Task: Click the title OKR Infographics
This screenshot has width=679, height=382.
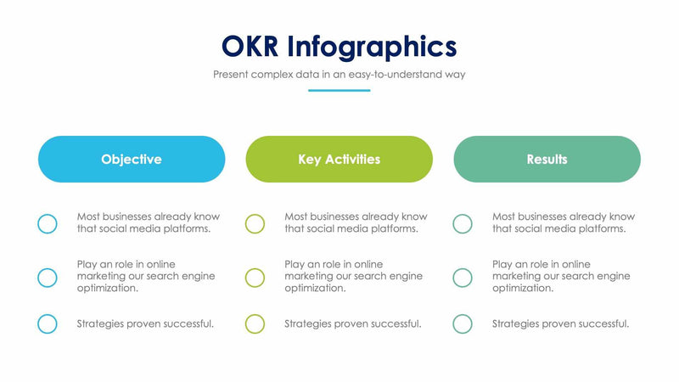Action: (x=339, y=45)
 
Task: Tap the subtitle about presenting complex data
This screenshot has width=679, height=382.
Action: (x=339, y=74)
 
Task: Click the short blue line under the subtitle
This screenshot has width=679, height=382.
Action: (x=339, y=90)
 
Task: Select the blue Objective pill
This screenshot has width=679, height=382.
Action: (x=132, y=159)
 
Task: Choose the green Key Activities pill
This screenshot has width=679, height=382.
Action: (x=339, y=159)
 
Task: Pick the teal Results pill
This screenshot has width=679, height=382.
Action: (x=547, y=159)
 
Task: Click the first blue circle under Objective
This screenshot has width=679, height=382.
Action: (x=48, y=223)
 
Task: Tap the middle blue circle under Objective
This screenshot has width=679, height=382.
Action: (x=48, y=277)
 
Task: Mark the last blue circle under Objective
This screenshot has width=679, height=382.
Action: (x=48, y=323)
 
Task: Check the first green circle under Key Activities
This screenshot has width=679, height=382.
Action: (x=255, y=223)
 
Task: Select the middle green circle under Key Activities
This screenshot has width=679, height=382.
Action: (x=255, y=277)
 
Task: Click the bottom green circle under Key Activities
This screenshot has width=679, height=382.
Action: (x=255, y=323)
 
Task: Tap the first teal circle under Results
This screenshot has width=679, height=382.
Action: (x=463, y=223)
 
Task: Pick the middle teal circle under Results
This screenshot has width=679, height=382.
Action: (x=463, y=277)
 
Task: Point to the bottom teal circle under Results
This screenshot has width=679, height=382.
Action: (x=463, y=323)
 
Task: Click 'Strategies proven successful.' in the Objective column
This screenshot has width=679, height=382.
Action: (x=145, y=323)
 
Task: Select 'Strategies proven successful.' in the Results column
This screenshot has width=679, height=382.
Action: (x=560, y=323)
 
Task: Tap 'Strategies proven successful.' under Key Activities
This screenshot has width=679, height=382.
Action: (x=352, y=323)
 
